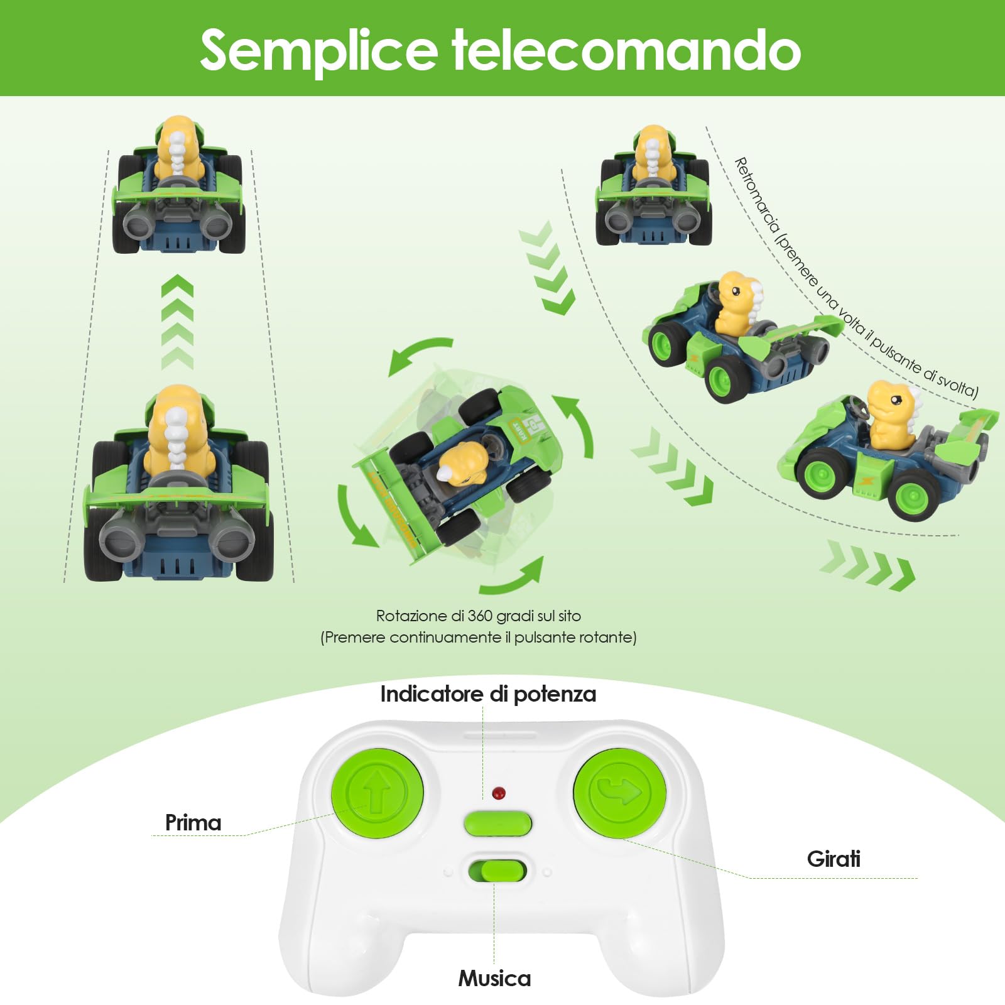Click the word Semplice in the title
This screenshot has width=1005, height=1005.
coord(318,50)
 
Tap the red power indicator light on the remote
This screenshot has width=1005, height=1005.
coord(499,793)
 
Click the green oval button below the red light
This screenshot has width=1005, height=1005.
coord(498,824)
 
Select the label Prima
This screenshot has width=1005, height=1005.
coord(193,823)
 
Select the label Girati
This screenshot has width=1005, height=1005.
coord(834,859)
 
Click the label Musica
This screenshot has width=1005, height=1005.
coord(494,978)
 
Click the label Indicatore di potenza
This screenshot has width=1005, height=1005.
coord(488,694)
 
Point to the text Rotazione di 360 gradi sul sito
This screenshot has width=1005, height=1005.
coord(479,616)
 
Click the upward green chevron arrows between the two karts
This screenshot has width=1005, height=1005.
coord(177,320)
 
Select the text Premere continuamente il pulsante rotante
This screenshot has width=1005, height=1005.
coord(479,638)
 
